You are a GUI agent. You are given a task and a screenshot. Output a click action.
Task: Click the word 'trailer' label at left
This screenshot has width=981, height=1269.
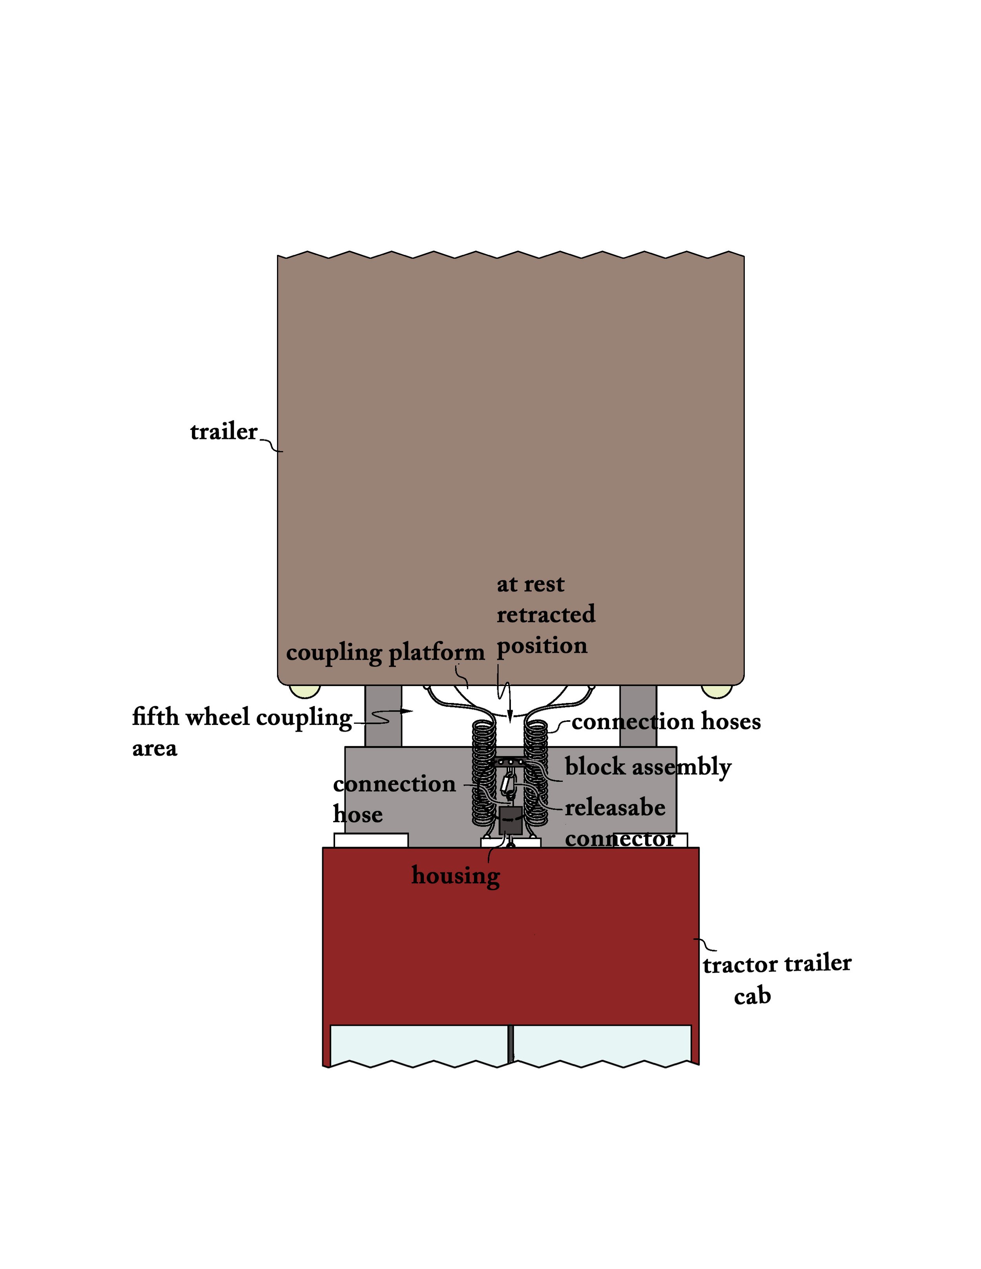223,432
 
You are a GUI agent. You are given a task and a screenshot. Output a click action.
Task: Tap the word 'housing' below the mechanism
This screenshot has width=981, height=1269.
455,876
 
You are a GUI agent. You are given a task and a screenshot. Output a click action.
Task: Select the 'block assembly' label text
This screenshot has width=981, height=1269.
647,767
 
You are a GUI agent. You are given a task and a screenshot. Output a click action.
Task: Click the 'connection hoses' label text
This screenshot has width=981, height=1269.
666,722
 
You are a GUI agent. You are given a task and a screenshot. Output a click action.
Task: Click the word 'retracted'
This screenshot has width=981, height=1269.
546,614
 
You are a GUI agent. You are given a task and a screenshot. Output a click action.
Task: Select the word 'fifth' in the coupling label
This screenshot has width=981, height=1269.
155,717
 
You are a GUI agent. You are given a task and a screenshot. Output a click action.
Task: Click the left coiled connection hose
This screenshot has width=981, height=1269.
484,773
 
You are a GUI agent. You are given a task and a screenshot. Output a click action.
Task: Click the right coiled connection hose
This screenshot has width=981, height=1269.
536,773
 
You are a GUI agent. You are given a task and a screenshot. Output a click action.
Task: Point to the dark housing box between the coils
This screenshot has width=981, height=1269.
510,820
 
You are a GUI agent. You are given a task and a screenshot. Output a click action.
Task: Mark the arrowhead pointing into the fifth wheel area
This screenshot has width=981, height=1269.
407,711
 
